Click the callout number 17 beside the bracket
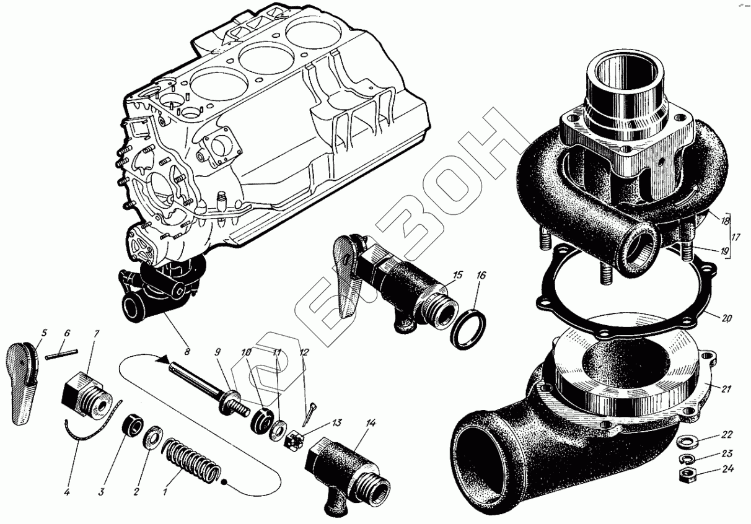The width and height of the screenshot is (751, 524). [736, 238]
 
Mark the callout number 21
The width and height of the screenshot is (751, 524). [727, 389]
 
